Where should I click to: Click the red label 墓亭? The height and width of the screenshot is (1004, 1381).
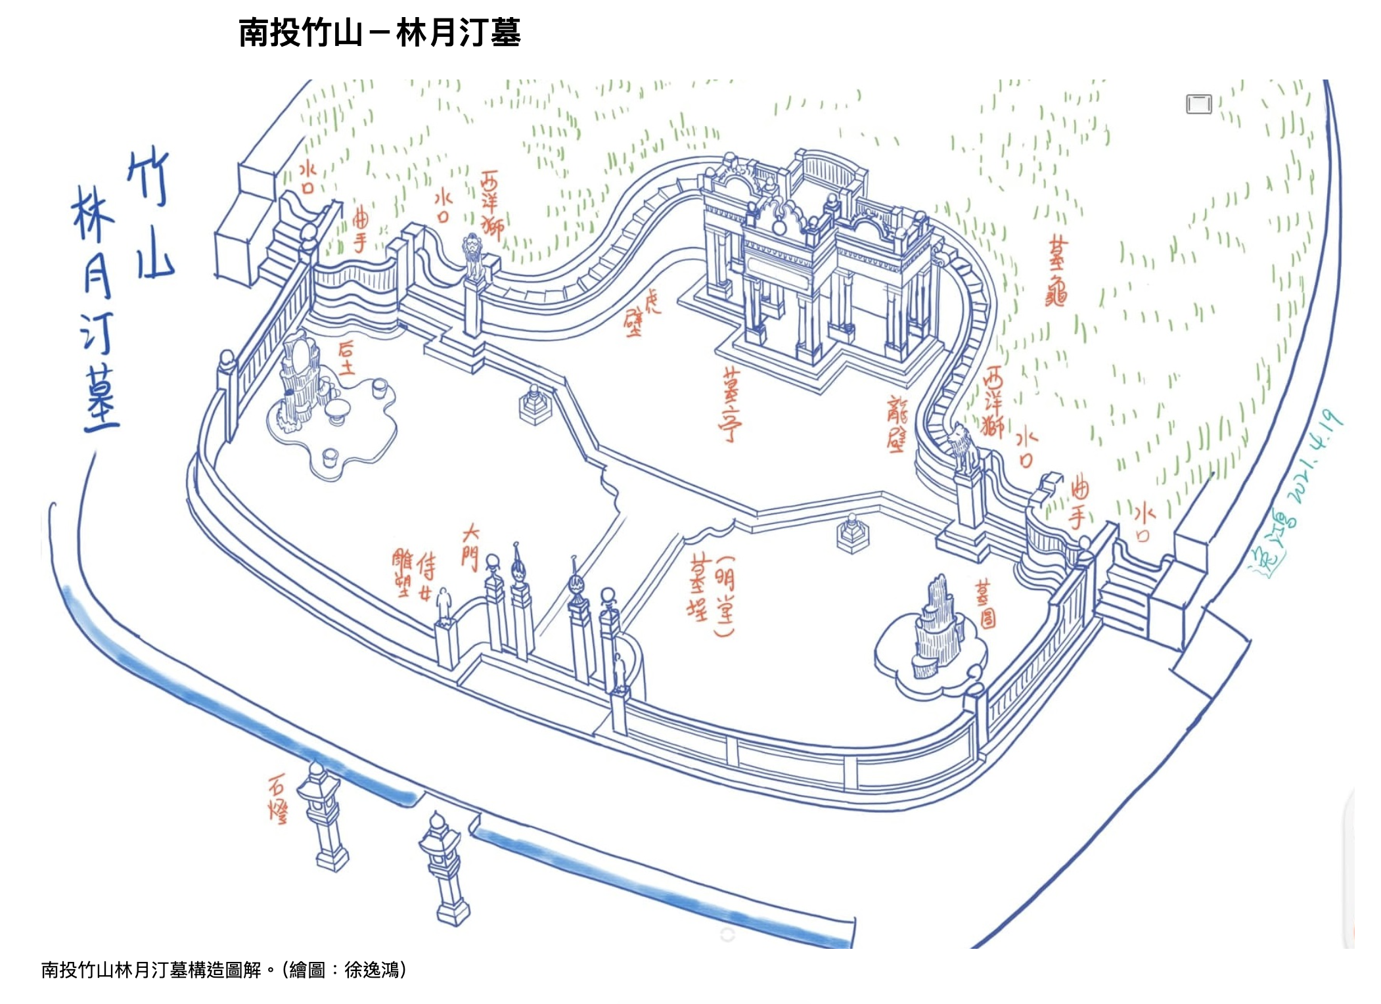(x=730, y=403)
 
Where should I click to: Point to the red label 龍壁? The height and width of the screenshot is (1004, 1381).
(x=897, y=424)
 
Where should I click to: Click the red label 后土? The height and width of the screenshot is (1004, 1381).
(x=346, y=358)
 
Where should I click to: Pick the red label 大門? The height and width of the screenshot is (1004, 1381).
(x=470, y=546)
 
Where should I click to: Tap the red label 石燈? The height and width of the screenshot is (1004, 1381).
(x=279, y=798)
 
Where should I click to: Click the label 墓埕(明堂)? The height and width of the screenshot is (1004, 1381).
(x=712, y=595)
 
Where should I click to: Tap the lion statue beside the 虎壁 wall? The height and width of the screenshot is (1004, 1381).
(x=473, y=256)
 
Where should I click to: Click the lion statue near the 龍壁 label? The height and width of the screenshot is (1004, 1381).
(x=963, y=447)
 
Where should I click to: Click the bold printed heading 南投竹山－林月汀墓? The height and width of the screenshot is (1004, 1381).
(x=380, y=33)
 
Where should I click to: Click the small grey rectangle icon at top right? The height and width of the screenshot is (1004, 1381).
(x=1198, y=104)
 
